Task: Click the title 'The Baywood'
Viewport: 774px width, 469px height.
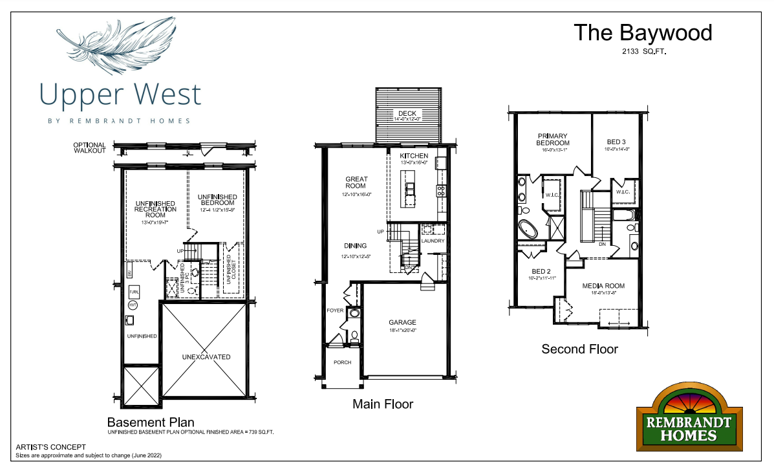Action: [643, 32]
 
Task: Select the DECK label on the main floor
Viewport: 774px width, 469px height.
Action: [407, 114]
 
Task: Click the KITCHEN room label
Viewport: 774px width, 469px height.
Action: [414, 157]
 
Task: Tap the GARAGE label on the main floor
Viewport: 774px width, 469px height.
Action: [402, 323]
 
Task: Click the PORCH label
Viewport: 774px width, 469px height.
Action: [342, 362]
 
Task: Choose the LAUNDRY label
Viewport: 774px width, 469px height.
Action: [433, 241]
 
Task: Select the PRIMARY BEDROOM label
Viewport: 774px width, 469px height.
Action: [553, 139]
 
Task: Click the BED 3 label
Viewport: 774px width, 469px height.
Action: [616, 142]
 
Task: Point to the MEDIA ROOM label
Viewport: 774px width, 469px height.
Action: [603, 286]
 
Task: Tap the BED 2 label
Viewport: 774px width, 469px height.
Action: [541, 271]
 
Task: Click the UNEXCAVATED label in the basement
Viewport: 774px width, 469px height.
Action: [206, 357]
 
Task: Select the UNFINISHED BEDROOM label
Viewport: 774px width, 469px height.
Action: [217, 200]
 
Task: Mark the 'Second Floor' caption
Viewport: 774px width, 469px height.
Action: [579, 349]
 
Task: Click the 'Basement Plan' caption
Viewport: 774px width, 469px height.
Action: [151, 422]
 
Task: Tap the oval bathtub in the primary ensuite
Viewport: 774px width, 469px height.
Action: [528, 230]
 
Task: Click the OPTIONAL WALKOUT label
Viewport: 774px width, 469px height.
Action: [89, 147]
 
